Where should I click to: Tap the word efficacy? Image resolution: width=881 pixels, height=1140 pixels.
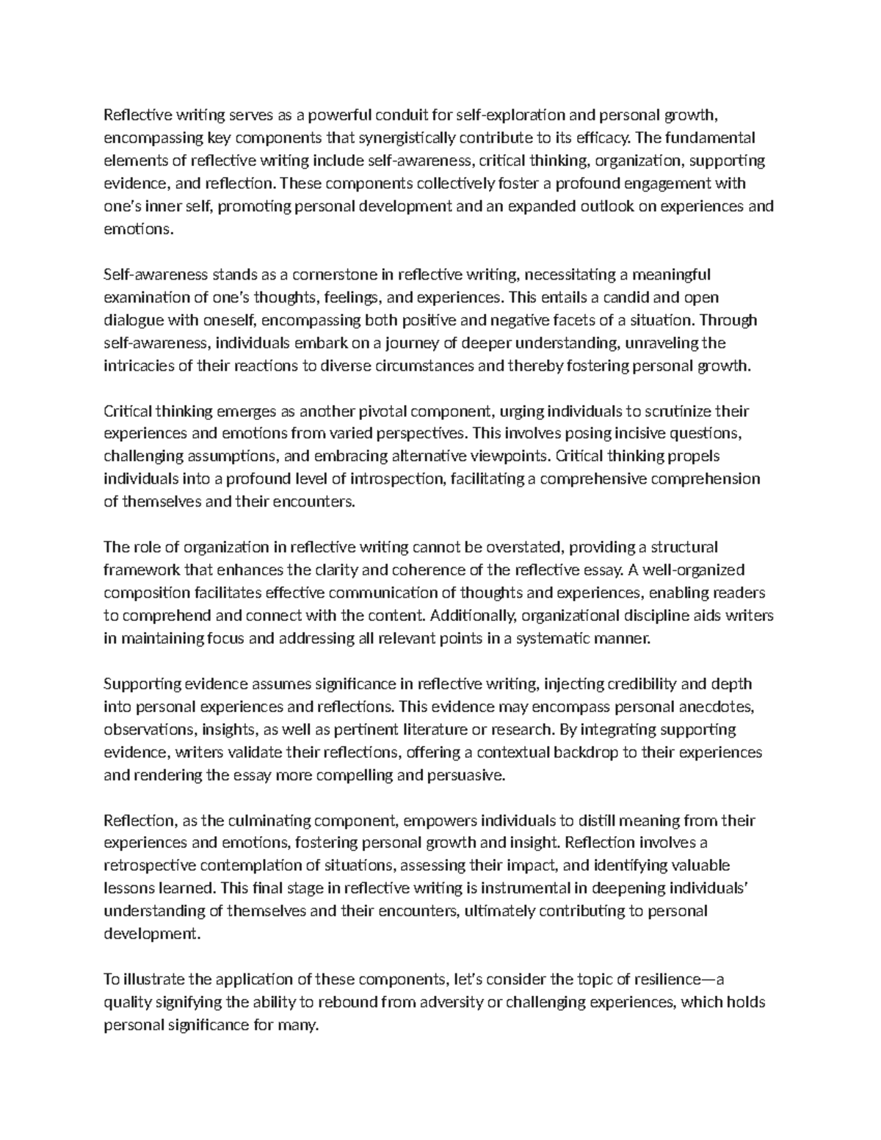click(x=606, y=137)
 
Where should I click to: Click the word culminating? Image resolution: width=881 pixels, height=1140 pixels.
click(x=270, y=820)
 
